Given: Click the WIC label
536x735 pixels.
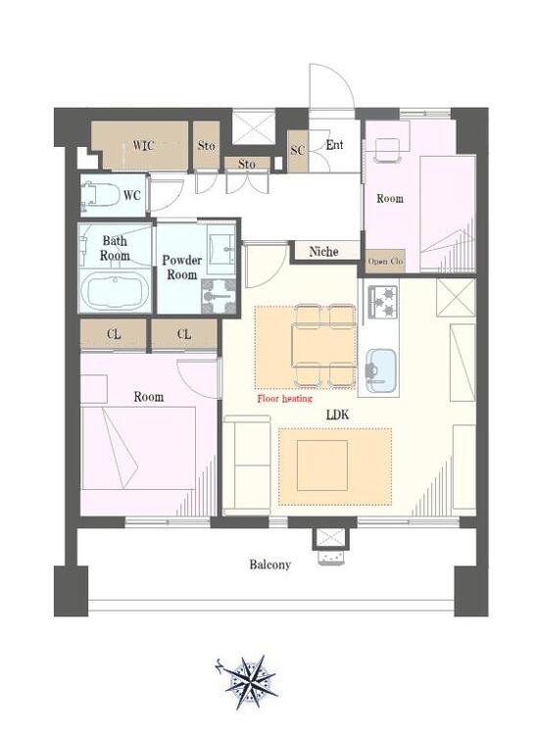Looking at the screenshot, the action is pyautogui.click(x=143, y=145).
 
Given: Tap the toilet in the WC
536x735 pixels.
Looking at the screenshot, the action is pyautogui.click(x=100, y=195).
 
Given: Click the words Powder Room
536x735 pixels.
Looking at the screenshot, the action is pyautogui.click(x=182, y=268).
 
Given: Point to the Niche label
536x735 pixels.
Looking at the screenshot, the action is pyautogui.click(x=323, y=252).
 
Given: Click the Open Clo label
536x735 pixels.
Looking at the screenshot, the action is pyautogui.click(x=385, y=261).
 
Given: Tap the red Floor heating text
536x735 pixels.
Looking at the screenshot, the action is pyautogui.click(x=285, y=399).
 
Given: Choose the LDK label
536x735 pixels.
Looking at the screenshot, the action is pyautogui.click(x=337, y=415).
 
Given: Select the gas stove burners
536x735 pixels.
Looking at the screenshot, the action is pyautogui.click(x=384, y=302).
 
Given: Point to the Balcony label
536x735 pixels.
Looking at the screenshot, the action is pyautogui.click(x=269, y=564).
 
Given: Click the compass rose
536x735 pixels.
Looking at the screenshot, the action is pyautogui.click(x=249, y=682).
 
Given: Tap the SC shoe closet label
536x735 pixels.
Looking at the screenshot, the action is pyautogui.click(x=298, y=150).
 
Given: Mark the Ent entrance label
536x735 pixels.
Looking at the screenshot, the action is pyautogui.click(x=334, y=145).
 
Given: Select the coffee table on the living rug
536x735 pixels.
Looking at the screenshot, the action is pyautogui.click(x=322, y=465).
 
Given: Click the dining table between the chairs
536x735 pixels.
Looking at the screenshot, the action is pyautogui.click(x=323, y=344).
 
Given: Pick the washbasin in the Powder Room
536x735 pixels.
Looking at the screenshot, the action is pyautogui.click(x=221, y=247).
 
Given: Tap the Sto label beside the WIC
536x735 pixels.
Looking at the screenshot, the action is pyautogui.click(x=206, y=145).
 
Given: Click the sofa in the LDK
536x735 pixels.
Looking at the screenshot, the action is pyautogui.click(x=247, y=465).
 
